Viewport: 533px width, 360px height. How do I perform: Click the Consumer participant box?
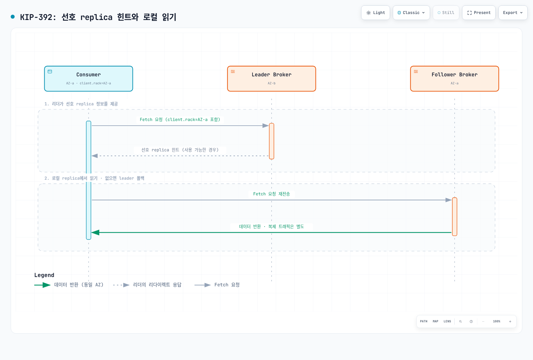point(89,79)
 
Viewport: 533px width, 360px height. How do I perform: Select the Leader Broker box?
point(271,79)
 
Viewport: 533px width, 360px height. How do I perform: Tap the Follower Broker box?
point(454,79)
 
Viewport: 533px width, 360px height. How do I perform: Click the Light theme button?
point(375,13)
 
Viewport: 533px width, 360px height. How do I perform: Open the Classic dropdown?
point(411,13)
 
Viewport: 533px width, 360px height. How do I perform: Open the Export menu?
point(513,13)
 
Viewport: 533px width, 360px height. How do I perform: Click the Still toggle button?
point(446,13)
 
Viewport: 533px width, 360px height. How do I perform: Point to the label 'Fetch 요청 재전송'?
point(271,194)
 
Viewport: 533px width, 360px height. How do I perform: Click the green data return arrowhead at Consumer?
point(95,232)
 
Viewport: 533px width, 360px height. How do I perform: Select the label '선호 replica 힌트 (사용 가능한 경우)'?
point(180,150)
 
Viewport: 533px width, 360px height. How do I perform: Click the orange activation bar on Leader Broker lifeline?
point(271,141)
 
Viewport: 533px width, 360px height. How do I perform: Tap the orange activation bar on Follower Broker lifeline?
point(454,217)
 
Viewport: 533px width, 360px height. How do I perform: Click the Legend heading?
point(44,275)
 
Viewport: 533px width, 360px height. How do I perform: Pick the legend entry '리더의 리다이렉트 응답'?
point(147,285)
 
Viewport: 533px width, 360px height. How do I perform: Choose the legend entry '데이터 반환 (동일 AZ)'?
point(69,285)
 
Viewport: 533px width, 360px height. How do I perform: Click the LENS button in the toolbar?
point(447,321)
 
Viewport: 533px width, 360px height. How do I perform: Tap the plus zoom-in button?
point(510,321)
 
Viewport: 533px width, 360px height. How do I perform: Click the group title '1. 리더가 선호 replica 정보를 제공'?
point(81,104)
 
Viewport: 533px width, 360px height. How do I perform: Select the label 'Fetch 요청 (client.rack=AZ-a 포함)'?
point(180,120)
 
